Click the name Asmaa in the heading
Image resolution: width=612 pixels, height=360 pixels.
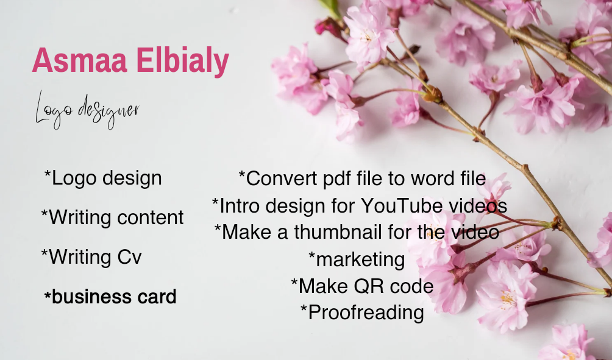[80, 60]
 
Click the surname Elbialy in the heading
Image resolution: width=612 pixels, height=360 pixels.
[183, 62]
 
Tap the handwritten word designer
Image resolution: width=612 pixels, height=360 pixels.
[109, 111]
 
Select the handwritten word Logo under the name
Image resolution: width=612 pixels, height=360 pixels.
[54, 110]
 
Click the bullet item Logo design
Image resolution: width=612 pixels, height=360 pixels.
[103, 178]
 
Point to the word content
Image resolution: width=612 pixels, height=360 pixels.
[151, 217]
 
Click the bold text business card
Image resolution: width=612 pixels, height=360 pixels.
[110, 297]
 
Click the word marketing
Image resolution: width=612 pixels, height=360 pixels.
[360, 259]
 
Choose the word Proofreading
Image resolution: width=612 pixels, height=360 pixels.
[366, 312]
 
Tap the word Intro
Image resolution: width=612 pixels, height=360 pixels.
[240, 205]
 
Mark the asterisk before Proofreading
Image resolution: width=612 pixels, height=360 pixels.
[304, 308]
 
